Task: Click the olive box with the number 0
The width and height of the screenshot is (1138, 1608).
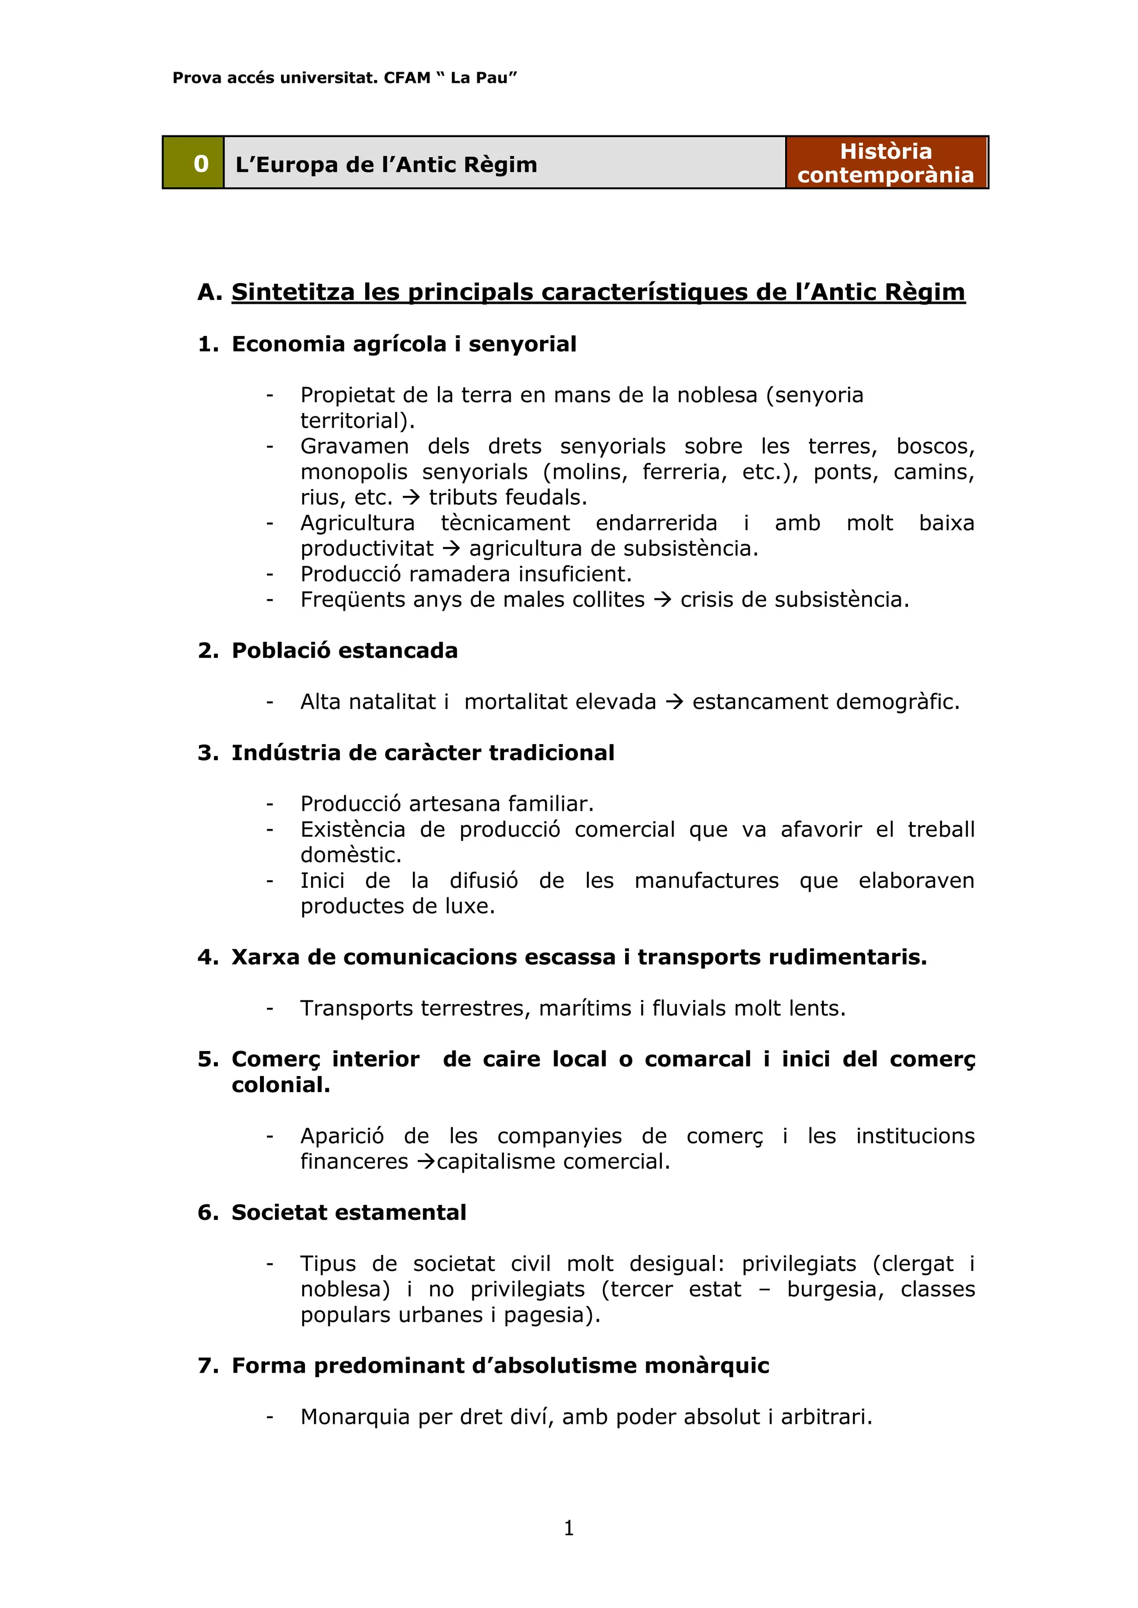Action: click(193, 163)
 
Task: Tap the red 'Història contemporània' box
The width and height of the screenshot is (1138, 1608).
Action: click(886, 163)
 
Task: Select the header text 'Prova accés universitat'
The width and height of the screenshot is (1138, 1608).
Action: click(276, 78)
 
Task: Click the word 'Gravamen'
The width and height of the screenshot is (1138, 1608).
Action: click(354, 446)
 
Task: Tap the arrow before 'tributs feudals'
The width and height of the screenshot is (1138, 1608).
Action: click(411, 498)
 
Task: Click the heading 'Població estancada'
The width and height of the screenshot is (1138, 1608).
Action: click(344, 651)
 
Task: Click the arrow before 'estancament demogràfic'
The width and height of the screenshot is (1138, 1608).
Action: click(674, 702)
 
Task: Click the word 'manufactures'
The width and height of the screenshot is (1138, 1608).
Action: click(706, 880)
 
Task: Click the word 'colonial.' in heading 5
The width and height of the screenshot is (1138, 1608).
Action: click(281, 1085)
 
